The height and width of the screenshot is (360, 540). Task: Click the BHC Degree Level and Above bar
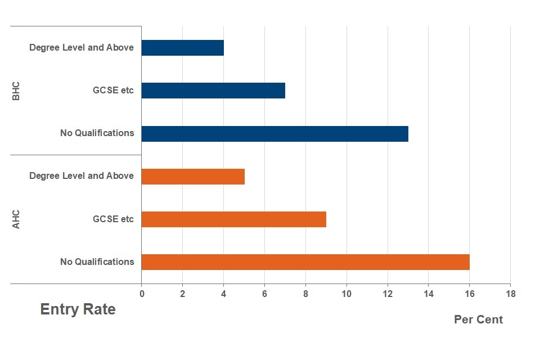coord(183,48)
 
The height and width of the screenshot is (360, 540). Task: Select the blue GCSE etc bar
coord(213,91)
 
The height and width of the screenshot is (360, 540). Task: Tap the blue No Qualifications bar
coord(274,133)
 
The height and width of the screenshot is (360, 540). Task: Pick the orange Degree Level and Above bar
coord(193,176)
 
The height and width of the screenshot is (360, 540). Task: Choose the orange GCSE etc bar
coord(233,219)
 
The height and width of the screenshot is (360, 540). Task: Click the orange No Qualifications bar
coord(305,262)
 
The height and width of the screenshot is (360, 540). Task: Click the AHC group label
coord(16,219)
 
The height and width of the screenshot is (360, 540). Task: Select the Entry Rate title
coord(78,309)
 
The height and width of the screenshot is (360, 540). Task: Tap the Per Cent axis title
coord(478,319)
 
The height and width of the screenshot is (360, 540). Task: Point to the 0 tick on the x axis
coord(142,294)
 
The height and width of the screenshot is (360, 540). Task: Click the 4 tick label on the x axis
coord(223,294)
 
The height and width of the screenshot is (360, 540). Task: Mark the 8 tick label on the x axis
coord(305,294)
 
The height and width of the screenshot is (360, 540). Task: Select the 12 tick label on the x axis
coord(387,294)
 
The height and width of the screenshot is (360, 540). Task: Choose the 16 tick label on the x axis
coord(469,294)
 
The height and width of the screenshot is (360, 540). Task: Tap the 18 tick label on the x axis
coord(510,294)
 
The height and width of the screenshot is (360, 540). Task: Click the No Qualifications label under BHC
coord(97,133)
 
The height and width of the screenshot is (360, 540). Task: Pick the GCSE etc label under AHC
coord(113,219)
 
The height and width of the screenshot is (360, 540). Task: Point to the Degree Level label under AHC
coord(82,176)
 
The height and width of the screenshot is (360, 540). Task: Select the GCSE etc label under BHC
coord(113,91)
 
